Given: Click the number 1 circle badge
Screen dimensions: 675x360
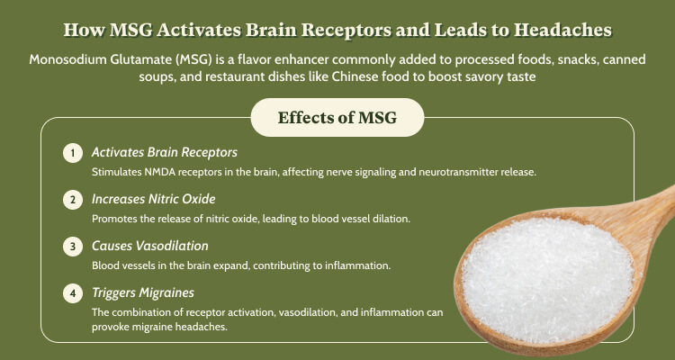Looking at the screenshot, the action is coord(73,153).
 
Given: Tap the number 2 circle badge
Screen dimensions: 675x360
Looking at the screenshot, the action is coord(73,200).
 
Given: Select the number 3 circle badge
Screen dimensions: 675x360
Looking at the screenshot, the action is coord(73,247).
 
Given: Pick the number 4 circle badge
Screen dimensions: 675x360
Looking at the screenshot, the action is coord(73,293).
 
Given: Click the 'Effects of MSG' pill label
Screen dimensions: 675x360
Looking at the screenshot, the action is coord(337,118).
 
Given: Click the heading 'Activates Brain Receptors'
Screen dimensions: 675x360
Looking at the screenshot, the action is coord(165,152).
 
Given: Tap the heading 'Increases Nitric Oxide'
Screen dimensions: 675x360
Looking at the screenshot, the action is coord(154,199).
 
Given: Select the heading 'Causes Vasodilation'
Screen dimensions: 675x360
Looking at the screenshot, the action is coord(149,246).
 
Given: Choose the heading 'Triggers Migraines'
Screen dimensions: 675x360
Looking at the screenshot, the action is coord(143,292).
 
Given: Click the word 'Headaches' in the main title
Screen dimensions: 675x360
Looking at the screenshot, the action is coord(562,30).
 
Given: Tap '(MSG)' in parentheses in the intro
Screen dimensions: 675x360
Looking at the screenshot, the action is coord(194,59).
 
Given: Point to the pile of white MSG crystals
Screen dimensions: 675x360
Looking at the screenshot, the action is coord(547,279).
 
